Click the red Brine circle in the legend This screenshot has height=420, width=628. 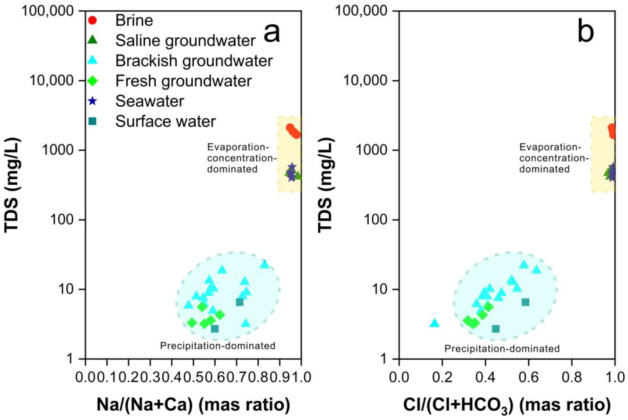pyautogui.click(x=92, y=20)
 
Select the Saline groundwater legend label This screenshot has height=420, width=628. pyautogui.click(x=185, y=41)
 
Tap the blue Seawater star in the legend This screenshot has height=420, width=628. pyautogui.click(x=92, y=101)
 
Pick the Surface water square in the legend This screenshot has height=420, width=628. pyautogui.click(x=92, y=121)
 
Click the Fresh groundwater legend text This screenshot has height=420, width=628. pyautogui.click(x=183, y=81)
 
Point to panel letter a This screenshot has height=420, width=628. pyautogui.click(x=271, y=33)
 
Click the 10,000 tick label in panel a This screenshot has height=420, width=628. pyautogui.click(x=51, y=80)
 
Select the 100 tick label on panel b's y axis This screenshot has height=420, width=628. pyautogui.click(x=375, y=220)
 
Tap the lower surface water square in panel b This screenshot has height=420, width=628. pyautogui.click(x=496, y=329)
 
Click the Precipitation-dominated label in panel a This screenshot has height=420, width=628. pyautogui.click(x=218, y=346)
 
